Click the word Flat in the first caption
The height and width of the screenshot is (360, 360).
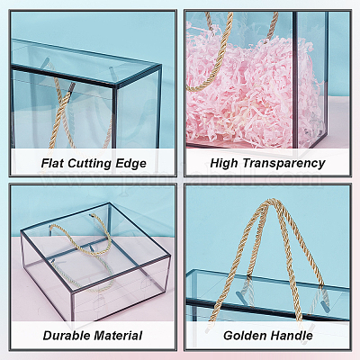click(x=53, y=164)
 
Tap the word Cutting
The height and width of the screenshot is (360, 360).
click(x=89, y=164)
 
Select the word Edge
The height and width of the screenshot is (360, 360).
click(x=130, y=164)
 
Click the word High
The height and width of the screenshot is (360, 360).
click(x=224, y=164)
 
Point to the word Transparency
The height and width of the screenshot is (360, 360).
click(x=283, y=164)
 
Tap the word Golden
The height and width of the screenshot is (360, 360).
click(x=243, y=336)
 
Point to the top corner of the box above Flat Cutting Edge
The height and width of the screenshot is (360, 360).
click(x=114, y=86)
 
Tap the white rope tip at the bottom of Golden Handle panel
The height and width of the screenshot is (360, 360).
click(x=208, y=329)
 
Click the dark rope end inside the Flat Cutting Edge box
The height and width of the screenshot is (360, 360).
click(x=70, y=86)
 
